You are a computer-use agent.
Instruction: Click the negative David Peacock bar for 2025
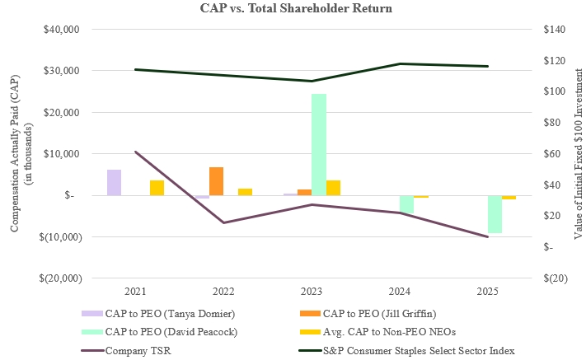pyautogui.click(x=495, y=214)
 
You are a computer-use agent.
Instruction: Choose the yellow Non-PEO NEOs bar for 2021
pyautogui.click(x=157, y=188)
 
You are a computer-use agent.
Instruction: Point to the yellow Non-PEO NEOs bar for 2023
pyautogui.click(x=333, y=188)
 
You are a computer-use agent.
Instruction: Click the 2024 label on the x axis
pyautogui.click(x=400, y=291)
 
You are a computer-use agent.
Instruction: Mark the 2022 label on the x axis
pyautogui.click(x=223, y=291)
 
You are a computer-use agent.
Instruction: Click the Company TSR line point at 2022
pyautogui.click(x=223, y=222)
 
